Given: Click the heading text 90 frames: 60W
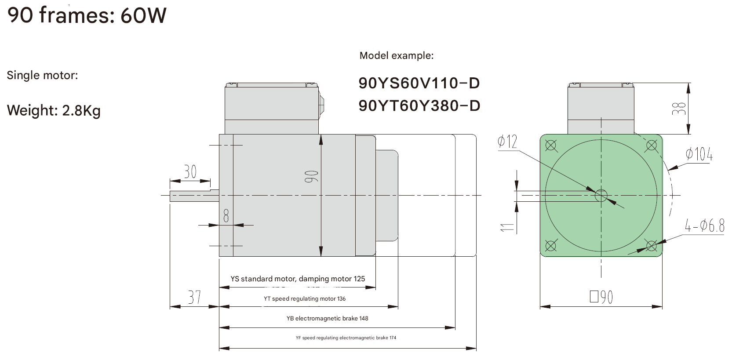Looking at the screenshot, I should coord(87,15).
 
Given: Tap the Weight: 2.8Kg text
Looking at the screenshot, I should coord(54,110).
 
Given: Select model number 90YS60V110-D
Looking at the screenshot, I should coord(419,83).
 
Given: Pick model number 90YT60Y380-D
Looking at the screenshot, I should coord(419,106).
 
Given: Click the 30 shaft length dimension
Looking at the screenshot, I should coord(190,171).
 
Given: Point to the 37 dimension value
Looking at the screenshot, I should coord(194,297).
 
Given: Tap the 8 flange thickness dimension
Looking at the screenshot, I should coord(226,215).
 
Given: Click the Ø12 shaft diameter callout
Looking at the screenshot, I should coord(507,142).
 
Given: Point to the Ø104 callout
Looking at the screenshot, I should coord(699,154).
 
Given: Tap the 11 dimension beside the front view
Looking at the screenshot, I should coord(507,227).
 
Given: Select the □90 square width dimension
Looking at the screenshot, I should coord(601,297).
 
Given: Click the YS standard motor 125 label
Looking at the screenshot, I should coord(298,279).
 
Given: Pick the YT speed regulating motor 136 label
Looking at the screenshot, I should coord(305,298).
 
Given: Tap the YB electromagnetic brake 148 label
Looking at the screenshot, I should coord(327,318).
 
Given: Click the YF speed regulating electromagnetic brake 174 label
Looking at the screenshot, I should coord(346,338).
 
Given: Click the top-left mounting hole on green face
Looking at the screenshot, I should coord(551,145).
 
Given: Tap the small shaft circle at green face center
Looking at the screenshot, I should coord(601,196).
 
